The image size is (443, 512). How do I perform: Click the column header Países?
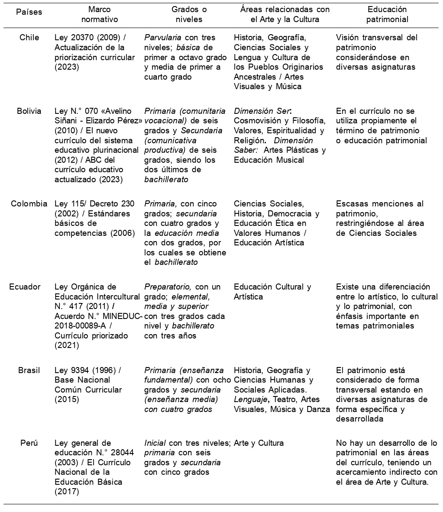pyautogui.click(x=29, y=12)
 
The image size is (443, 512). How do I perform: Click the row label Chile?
pyautogui.click(x=29, y=38)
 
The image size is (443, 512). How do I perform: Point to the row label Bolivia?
pyautogui.click(x=29, y=111)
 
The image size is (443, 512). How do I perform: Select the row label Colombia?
pyautogui.click(x=29, y=204)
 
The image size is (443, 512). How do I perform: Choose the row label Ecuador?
pyautogui.click(x=26, y=287)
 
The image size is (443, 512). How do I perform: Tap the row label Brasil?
pyautogui.click(x=29, y=370)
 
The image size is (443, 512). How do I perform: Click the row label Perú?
pyautogui.click(x=29, y=443)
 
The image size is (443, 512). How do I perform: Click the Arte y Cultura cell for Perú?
pyautogui.click(x=259, y=443)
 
